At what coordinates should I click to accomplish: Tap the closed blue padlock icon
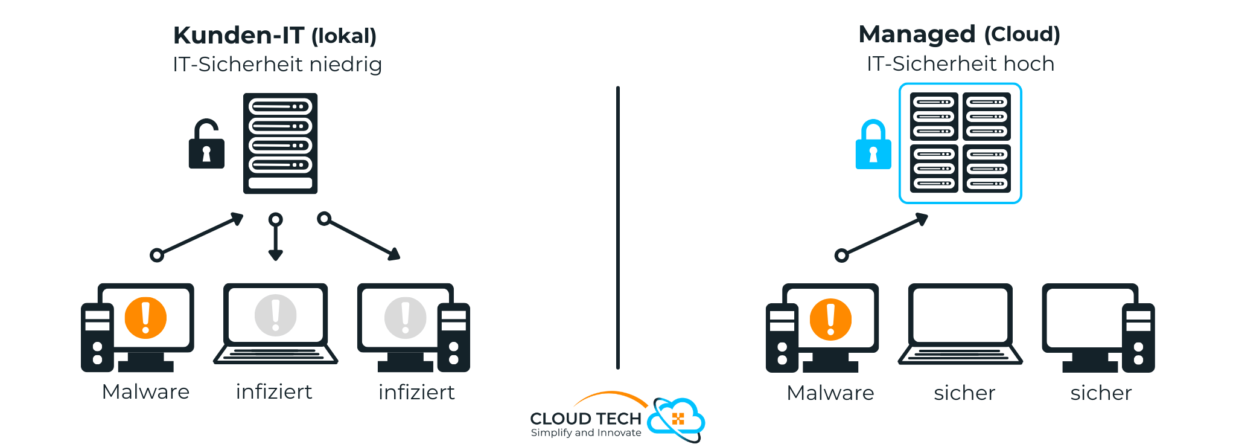point(873,147)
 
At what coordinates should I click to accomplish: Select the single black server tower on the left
point(280,143)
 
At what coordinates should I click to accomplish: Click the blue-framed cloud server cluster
point(960,143)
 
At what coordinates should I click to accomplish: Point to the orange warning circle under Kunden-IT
point(145,318)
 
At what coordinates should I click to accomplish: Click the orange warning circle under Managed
point(830,320)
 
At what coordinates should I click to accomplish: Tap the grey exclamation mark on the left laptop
point(275,315)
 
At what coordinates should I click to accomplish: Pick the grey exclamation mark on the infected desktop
point(405,318)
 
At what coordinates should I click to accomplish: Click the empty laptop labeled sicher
point(960,323)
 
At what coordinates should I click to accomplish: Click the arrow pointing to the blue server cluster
point(884,235)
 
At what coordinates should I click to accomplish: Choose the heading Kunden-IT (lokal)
point(275,36)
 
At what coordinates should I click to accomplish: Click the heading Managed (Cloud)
point(959,34)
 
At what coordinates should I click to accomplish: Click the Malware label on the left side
point(145,392)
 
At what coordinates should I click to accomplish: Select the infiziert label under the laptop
point(274,392)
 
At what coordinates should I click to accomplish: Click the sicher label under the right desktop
point(1101,393)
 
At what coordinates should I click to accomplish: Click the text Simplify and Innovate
point(585,433)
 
